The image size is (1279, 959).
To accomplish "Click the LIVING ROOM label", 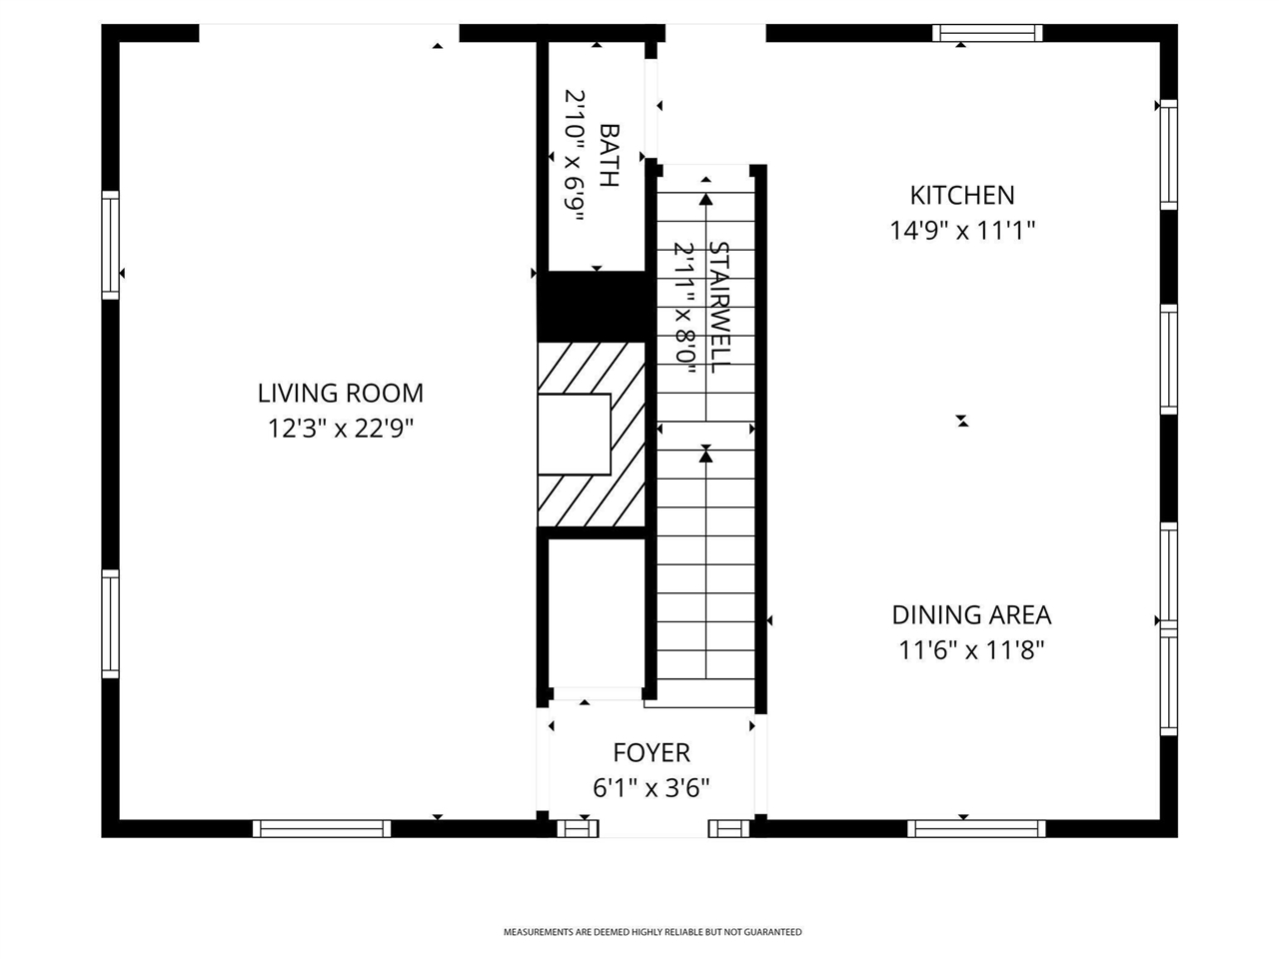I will (x=340, y=393).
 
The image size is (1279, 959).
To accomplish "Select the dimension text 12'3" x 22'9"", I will (x=340, y=429).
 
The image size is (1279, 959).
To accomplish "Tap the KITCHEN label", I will (x=961, y=195).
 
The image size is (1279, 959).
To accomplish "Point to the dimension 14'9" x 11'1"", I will (x=961, y=231).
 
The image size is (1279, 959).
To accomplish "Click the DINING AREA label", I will (x=971, y=614).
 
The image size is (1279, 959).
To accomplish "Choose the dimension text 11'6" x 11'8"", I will (x=971, y=651).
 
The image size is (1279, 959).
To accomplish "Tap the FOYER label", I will (x=651, y=752).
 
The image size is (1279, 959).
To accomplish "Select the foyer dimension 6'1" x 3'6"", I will (x=651, y=788).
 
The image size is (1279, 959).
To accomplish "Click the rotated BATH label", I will (x=609, y=155).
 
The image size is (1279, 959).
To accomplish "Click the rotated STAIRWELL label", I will (x=717, y=306).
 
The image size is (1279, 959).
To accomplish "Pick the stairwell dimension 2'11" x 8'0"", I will (x=684, y=306).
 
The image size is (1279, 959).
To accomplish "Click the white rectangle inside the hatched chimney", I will (x=574, y=434).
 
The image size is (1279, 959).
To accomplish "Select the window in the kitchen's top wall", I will (x=987, y=33).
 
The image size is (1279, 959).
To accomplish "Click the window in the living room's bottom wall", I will (x=321, y=828).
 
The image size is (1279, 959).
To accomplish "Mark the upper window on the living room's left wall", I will (x=110, y=245).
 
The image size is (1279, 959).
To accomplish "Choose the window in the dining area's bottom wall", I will (x=976, y=828).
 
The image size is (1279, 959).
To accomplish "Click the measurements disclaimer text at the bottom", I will (x=651, y=932).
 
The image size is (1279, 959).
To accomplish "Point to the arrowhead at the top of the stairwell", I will (x=706, y=199).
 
